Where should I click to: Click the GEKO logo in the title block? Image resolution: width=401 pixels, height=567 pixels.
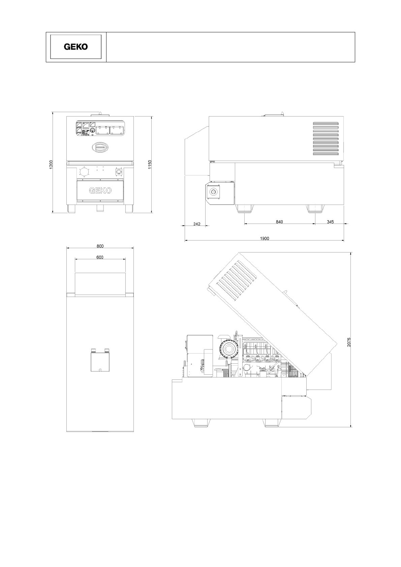click(x=76, y=47)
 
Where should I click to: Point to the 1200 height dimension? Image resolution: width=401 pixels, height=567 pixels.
click(x=51, y=165)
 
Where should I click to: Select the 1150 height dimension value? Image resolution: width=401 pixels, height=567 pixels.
click(x=150, y=165)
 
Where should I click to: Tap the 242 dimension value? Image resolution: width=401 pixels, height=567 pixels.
click(x=197, y=224)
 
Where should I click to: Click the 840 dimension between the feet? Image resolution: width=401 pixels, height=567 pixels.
click(x=279, y=222)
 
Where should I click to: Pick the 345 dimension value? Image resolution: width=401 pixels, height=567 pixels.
click(x=330, y=222)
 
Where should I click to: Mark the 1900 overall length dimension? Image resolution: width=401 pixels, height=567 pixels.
click(x=265, y=238)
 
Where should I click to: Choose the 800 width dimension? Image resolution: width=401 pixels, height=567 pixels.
click(x=100, y=246)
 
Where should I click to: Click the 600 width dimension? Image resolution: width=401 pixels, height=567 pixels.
click(x=100, y=257)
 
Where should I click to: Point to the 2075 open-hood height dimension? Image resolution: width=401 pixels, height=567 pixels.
click(x=349, y=342)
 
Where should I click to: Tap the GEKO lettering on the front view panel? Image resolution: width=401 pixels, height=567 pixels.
click(x=100, y=191)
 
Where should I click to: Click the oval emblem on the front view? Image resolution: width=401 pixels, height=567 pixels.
click(x=100, y=147)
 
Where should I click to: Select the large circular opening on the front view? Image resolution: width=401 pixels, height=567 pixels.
click(x=85, y=172)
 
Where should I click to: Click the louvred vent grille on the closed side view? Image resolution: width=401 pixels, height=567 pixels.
click(x=326, y=138)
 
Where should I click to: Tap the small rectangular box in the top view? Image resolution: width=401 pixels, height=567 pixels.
click(x=100, y=362)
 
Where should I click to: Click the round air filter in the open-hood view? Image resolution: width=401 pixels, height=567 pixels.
click(x=229, y=349)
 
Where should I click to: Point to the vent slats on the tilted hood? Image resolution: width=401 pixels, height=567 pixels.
click(x=236, y=281)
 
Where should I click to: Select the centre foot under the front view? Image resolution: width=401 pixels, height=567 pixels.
click(x=100, y=208)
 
